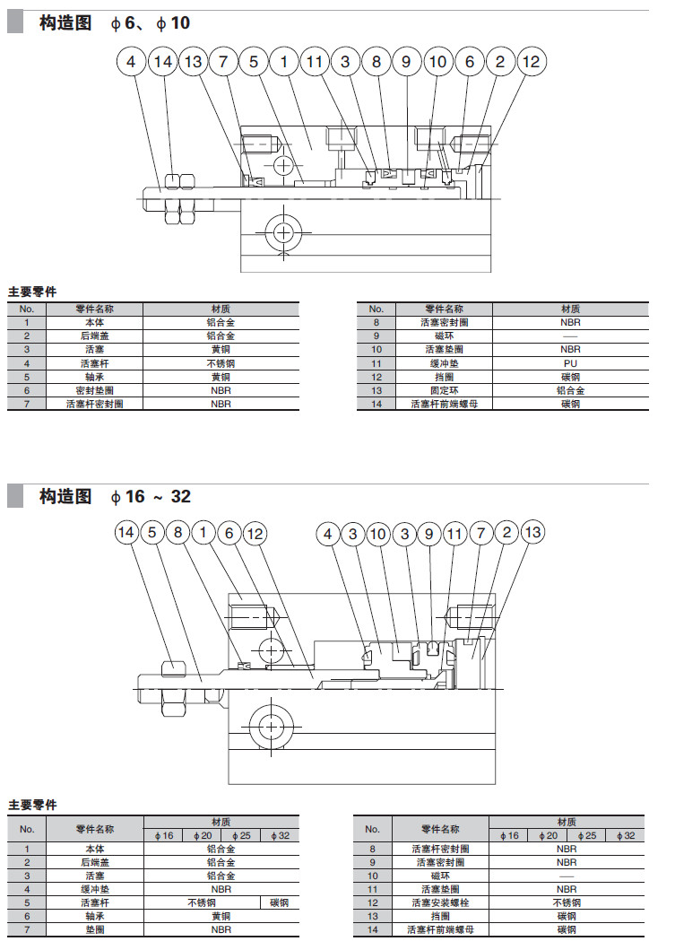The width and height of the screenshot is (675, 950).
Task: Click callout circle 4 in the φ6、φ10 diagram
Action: [132, 62]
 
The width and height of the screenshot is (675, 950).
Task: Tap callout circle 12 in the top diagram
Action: [532, 62]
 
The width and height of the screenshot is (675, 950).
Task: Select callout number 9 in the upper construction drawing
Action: [406, 62]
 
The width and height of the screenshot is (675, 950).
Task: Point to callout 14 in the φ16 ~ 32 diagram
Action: [127, 533]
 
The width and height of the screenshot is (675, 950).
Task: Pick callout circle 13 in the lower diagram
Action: [532, 533]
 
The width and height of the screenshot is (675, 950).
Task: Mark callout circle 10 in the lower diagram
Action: [377, 534]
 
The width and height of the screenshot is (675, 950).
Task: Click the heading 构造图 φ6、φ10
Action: [115, 22]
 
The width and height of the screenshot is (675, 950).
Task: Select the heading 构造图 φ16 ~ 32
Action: [115, 496]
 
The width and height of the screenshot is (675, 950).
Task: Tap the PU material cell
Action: [570, 363]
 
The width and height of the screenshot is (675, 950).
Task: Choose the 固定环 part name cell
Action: [445, 390]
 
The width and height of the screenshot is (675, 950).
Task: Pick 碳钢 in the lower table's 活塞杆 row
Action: [280, 902]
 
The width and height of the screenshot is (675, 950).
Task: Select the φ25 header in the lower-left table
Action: [241, 835]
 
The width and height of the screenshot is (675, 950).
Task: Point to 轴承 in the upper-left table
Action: [95, 377]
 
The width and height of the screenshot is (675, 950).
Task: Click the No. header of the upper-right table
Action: [376, 309]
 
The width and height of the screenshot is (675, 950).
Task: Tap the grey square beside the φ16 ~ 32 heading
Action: [15, 496]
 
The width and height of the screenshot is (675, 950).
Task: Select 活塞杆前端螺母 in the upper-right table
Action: [445, 404]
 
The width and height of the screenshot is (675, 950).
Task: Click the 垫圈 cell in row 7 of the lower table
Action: [95, 929]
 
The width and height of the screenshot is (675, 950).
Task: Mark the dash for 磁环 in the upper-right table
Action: [570, 336]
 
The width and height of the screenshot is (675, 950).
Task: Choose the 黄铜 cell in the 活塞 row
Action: [220, 349]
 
